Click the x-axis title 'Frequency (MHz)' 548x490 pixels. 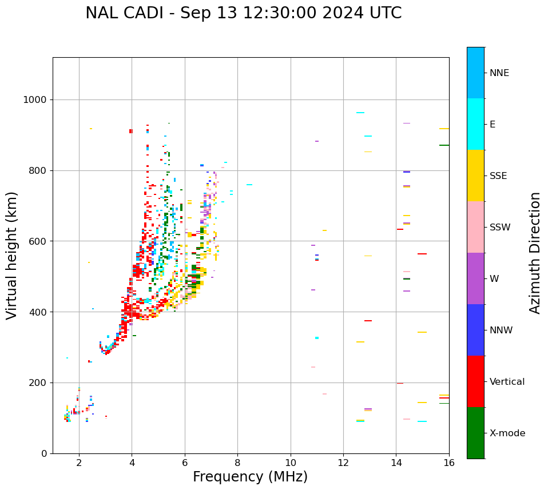250,477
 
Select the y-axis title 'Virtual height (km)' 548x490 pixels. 12,256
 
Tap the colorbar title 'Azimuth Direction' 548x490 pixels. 535,253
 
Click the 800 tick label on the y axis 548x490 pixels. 37,170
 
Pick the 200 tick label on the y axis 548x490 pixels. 37,383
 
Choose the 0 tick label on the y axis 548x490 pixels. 44,453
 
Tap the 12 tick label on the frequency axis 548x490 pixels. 343,463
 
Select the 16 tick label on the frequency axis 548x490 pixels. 449,463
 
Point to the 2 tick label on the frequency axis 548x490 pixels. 79,463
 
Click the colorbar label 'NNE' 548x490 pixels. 499,73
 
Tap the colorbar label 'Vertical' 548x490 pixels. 507,382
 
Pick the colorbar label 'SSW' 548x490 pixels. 500,228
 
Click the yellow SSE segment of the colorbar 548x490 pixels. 475,176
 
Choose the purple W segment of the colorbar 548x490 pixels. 475,278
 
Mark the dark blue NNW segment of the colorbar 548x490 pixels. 475,330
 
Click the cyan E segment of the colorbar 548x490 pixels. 475,124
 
